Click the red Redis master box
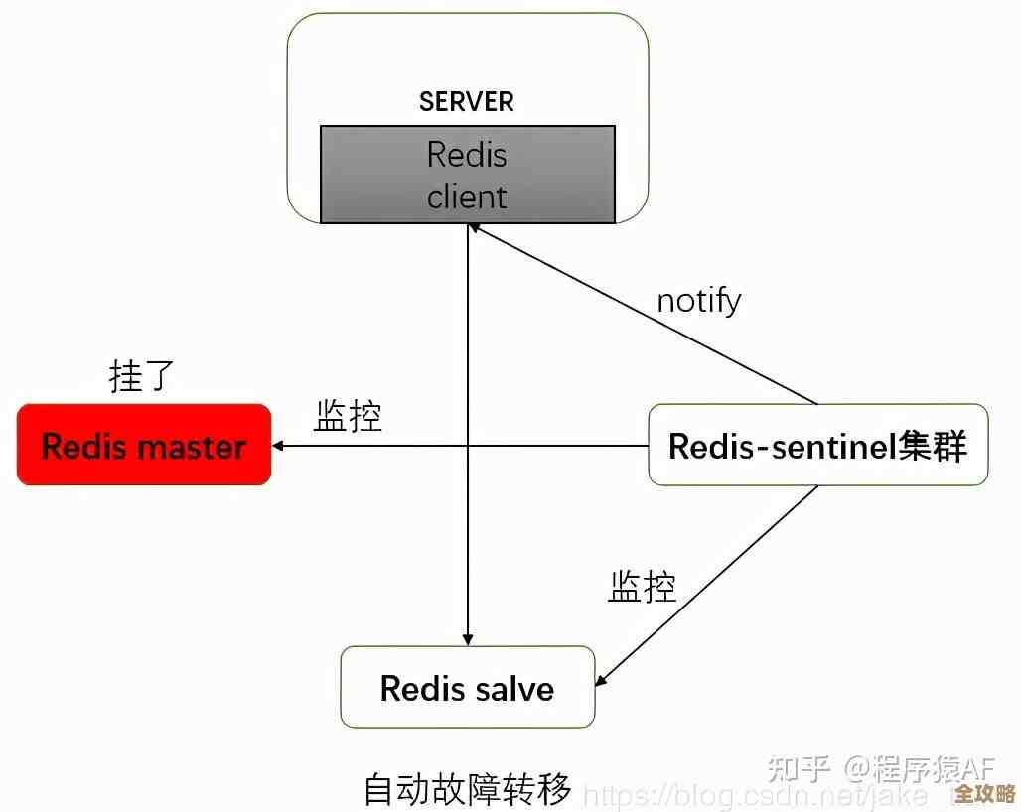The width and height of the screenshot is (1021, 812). coord(144,445)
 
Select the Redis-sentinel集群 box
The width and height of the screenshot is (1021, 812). coord(817,445)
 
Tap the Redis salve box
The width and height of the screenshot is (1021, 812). coord(467,688)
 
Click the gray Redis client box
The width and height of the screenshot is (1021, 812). coord(467,175)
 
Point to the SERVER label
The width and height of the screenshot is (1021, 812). coord(467,101)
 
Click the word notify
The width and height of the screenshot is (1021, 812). coord(698,300)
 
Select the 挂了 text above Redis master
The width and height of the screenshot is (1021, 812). coord(141,376)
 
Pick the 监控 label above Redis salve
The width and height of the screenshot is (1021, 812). coord(642,586)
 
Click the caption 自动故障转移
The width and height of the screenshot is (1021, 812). coord(467,789)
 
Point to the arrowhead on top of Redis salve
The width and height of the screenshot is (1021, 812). coord(467,639)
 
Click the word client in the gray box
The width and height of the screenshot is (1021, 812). coord(467,196)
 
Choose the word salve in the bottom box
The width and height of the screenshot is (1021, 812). coord(510,688)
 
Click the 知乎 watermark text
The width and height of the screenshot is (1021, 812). coord(800,768)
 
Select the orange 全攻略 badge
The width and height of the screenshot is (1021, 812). coord(985,794)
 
